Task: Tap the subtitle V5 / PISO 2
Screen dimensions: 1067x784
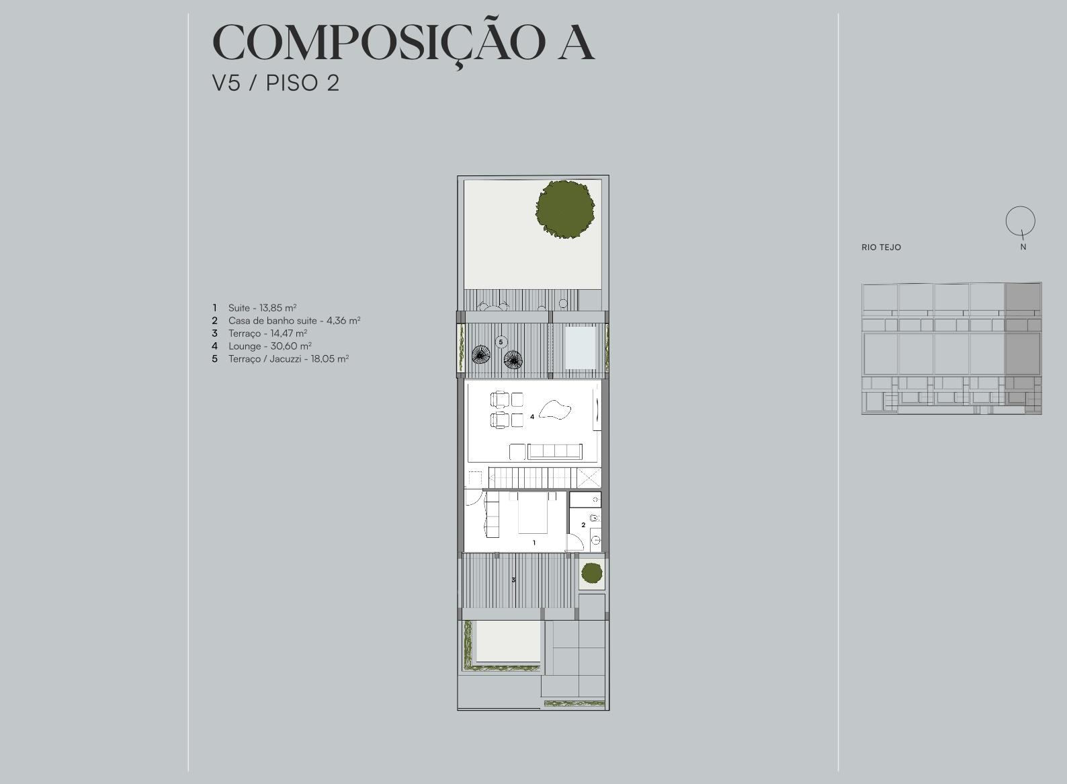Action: point(275,83)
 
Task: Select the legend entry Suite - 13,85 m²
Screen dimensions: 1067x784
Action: point(262,308)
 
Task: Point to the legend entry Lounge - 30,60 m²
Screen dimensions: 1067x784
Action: point(269,346)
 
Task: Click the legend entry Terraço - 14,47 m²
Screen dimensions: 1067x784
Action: point(267,334)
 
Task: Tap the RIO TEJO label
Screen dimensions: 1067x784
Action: point(882,247)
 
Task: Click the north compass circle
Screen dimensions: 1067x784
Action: point(1021,207)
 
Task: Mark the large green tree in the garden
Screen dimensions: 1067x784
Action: point(565,209)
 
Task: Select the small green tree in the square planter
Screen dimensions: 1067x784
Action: point(591,573)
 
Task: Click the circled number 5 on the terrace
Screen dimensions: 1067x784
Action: point(501,342)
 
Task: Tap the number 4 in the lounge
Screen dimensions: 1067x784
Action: point(532,417)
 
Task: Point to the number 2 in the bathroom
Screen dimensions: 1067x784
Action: point(583,525)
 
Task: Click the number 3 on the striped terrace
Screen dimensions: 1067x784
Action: point(513,580)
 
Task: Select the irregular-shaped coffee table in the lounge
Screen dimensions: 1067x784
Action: point(556,410)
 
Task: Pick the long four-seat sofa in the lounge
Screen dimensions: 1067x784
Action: point(555,451)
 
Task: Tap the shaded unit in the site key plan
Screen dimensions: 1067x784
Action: point(1023,348)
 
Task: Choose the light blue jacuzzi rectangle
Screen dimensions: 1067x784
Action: point(581,348)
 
